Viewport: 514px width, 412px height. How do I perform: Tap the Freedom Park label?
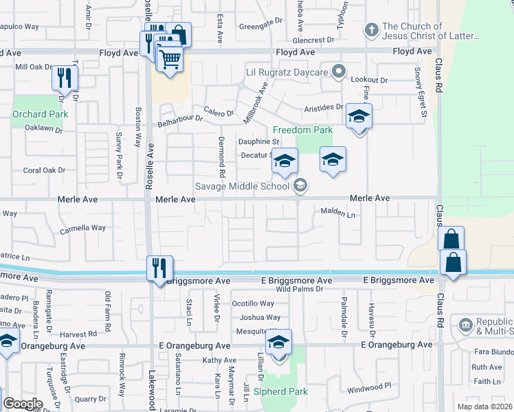pyautogui.click(x=302, y=130)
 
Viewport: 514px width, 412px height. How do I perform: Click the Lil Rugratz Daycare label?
pyautogui.click(x=288, y=71)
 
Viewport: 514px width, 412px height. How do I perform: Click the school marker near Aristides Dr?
pyautogui.click(x=358, y=116)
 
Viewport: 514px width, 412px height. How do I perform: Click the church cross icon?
pyautogui.click(x=371, y=30)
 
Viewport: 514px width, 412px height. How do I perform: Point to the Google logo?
pyautogui.click(x=23, y=404)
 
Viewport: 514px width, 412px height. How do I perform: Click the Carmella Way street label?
pyautogui.click(x=83, y=228)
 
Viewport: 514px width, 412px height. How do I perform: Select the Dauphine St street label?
pyautogui.click(x=258, y=142)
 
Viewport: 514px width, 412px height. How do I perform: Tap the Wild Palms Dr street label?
pyautogui.click(x=299, y=290)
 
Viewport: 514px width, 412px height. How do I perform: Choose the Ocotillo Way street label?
pyautogui.click(x=253, y=303)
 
